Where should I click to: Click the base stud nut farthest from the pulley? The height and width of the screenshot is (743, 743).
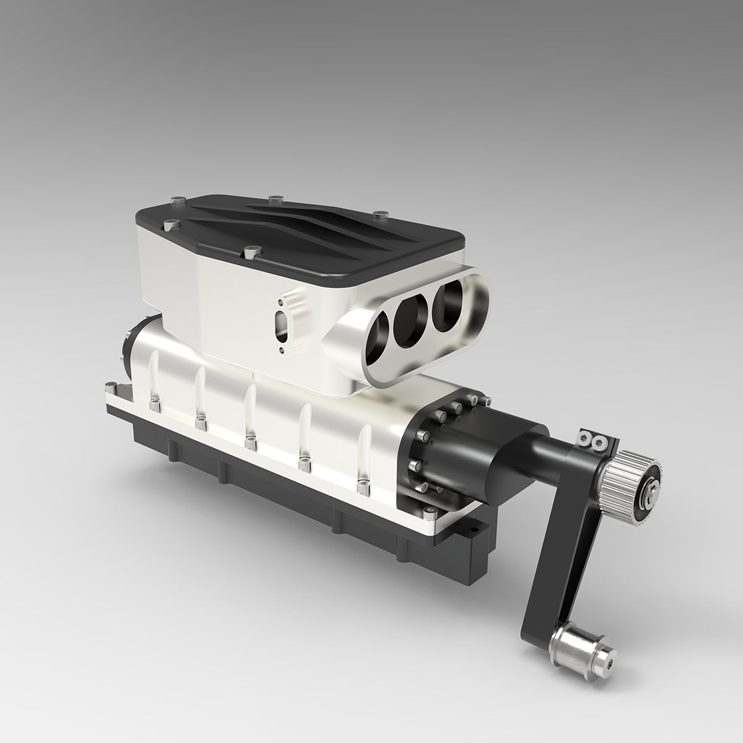coord(154,406)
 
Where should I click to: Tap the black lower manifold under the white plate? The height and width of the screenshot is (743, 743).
coord(279,489)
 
